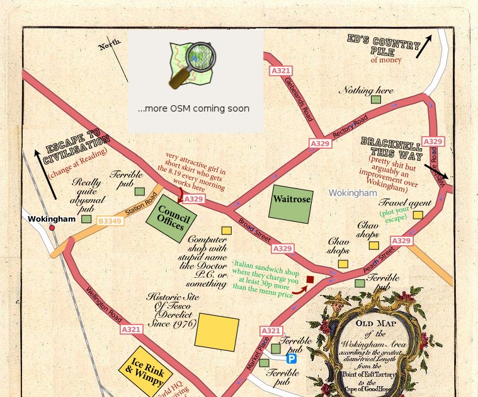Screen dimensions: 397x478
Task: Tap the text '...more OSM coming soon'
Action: (x=193, y=108)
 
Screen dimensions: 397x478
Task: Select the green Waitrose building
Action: (x=290, y=204)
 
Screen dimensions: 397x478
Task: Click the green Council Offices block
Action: (x=171, y=218)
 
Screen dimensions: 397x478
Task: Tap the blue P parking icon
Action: (x=292, y=359)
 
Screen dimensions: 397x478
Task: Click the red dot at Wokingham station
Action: (x=52, y=227)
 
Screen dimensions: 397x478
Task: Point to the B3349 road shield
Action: (x=110, y=221)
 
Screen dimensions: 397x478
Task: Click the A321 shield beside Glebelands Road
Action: (x=280, y=71)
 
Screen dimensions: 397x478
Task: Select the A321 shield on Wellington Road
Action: (x=131, y=330)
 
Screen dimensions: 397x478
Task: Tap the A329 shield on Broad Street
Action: (x=283, y=249)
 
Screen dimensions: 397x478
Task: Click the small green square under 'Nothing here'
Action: (x=376, y=100)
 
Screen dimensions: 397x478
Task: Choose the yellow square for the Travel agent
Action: (x=418, y=215)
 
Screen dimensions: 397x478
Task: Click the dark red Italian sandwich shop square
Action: (x=310, y=279)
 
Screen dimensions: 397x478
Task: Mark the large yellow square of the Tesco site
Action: (x=217, y=331)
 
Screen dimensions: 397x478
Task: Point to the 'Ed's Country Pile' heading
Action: (x=384, y=46)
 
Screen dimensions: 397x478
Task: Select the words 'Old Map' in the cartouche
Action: (x=373, y=324)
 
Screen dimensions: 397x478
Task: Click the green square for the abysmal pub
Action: (x=86, y=219)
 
